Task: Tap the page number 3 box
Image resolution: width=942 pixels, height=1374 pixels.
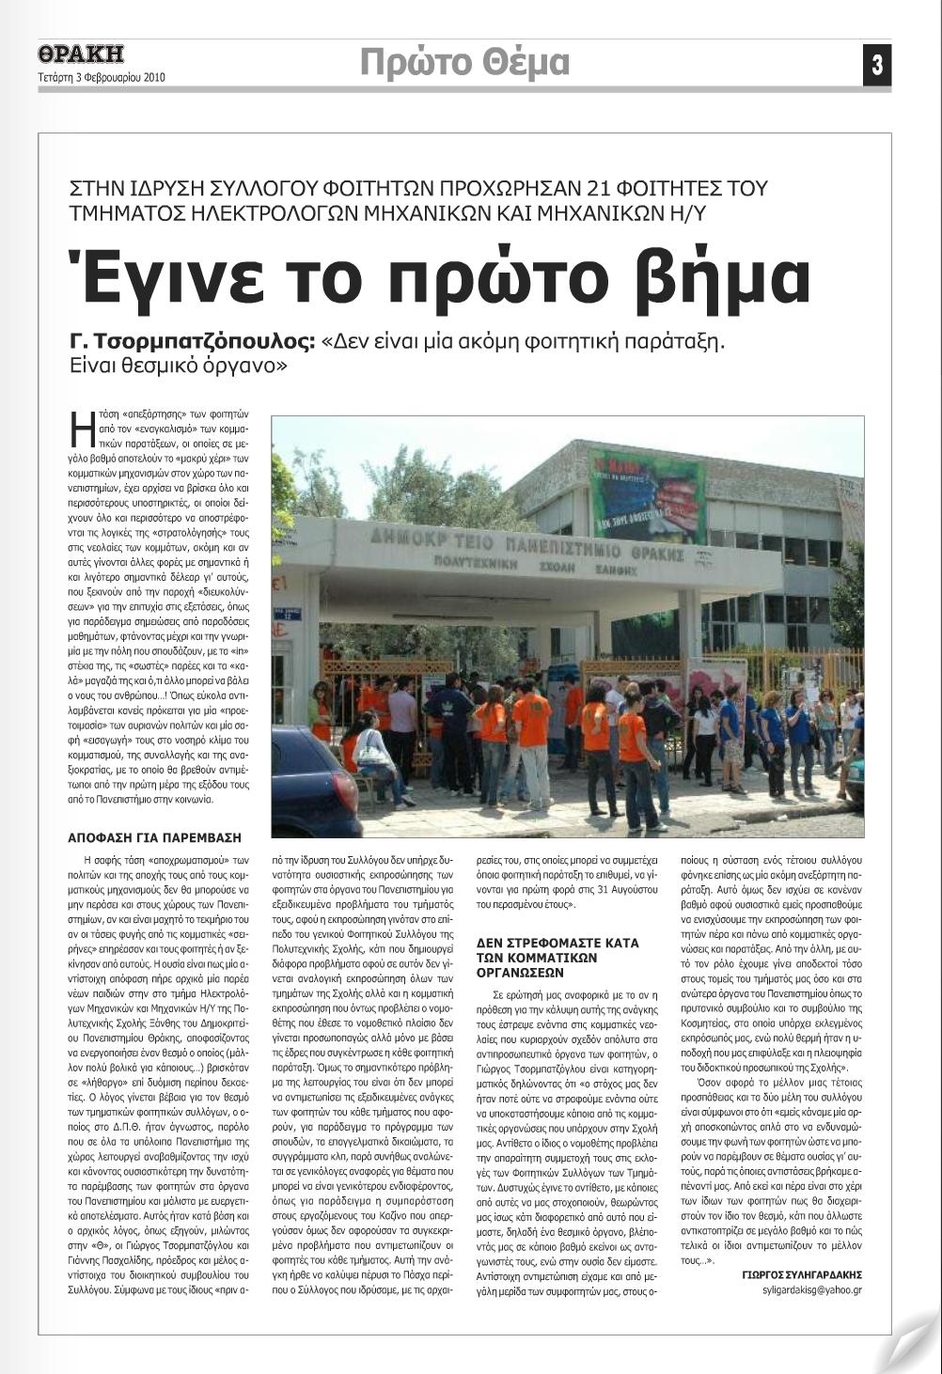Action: (876, 65)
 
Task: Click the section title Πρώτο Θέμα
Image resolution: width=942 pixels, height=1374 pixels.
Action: (465, 62)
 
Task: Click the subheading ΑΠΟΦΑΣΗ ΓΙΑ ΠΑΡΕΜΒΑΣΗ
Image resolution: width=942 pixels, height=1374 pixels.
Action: (155, 836)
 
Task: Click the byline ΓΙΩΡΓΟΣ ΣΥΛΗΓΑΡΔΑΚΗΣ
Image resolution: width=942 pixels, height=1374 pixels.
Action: (801, 1274)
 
